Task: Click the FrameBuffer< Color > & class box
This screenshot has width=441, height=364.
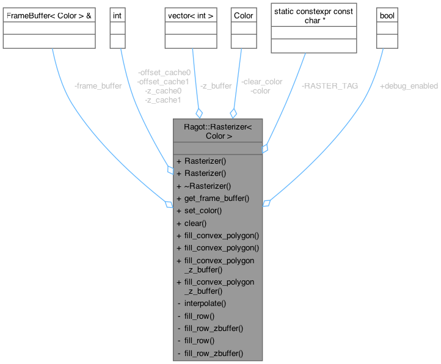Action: coord(49,14)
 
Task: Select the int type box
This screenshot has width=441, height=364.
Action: coord(117,14)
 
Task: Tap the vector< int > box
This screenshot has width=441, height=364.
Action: coord(190,14)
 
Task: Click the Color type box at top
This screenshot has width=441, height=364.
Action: coord(243,14)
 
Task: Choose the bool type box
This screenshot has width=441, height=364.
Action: coord(386,14)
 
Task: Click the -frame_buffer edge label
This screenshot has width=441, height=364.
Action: coord(97,86)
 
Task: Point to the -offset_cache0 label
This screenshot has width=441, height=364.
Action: coord(164,72)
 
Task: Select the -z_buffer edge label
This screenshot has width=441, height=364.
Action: coord(216,86)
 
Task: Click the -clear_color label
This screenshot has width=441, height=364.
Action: coord(261,81)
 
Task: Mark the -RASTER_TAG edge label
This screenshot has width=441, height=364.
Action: coord(330,86)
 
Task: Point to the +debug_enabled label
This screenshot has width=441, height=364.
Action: coord(409,86)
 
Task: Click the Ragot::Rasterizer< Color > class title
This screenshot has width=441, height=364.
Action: coord(217,132)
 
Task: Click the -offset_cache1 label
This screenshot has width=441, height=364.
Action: coord(164,81)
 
